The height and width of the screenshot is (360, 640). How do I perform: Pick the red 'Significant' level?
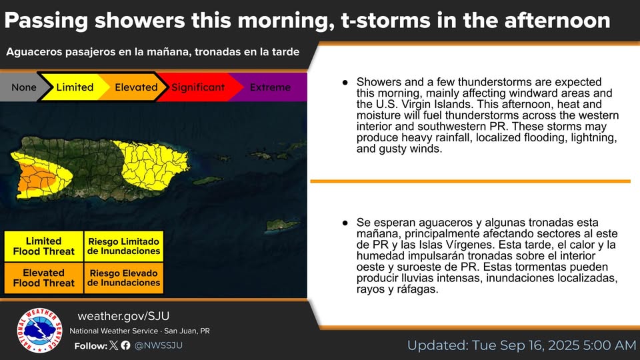click(x=198, y=87)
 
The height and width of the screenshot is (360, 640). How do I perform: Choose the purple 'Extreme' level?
click(x=270, y=87)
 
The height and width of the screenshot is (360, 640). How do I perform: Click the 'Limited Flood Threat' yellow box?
click(x=44, y=246)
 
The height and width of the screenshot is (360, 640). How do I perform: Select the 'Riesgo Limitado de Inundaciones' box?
click(x=124, y=246)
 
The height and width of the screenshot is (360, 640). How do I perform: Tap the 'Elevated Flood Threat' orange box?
click(x=44, y=278)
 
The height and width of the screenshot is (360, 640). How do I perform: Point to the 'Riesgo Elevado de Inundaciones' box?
click(x=124, y=278)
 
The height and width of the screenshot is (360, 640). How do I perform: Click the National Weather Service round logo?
click(x=39, y=330)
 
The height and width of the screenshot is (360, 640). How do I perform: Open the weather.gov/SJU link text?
click(x=123, y=316)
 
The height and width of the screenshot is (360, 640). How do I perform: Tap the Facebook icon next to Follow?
click(x=126, y=345)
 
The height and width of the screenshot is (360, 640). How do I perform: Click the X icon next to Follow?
click(x=114, y=345)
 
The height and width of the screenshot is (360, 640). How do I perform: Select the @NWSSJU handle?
click(x=159, y=345)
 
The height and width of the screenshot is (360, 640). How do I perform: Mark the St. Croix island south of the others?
click(x=283, y=225)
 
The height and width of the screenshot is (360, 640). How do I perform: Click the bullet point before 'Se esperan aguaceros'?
click(x=345, y=223)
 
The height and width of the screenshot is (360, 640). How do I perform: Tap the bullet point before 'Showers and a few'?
click(x=345, y=83)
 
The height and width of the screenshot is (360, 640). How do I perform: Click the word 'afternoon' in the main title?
click(x=557, y=21)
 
